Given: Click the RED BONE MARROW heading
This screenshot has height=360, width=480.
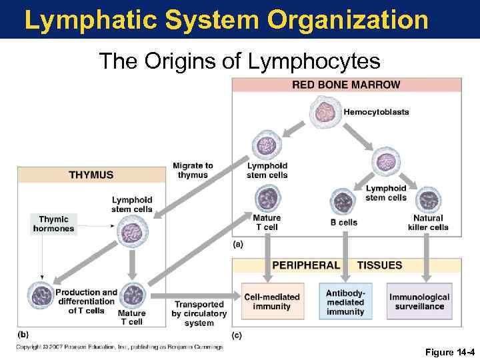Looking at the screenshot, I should pos(346,85).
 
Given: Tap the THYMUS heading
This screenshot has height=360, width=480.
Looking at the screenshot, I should pos(91,175).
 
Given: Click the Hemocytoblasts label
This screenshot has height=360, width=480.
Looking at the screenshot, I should pos(376,112).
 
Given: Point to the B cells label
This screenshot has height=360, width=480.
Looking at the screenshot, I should pos(344,223).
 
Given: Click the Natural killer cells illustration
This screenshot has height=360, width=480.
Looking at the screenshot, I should pos(428,199).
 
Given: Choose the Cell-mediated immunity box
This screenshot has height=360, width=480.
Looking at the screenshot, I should pos(271,301).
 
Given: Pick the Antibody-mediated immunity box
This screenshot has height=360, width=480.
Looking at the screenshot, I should pos(345,302).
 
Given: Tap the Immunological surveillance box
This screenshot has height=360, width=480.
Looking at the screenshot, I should pos(419,302).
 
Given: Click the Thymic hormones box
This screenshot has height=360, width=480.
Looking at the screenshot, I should pos(53,224).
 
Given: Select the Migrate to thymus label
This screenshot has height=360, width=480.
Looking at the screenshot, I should pos(193,170).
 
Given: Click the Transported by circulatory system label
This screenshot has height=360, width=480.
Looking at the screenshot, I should pos(199,313).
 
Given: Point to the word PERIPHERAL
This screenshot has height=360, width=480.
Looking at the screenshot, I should pos(306,265).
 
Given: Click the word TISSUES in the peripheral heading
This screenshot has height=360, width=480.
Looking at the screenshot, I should pos(379,265).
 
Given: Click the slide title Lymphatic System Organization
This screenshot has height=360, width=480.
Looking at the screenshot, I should pos(226,20).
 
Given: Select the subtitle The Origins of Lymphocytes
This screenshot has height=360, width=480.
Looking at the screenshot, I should pos(239,61).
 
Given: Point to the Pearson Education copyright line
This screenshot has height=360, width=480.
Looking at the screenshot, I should pos(120,347).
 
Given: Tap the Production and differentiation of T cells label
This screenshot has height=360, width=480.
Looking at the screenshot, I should pos(86,301).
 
